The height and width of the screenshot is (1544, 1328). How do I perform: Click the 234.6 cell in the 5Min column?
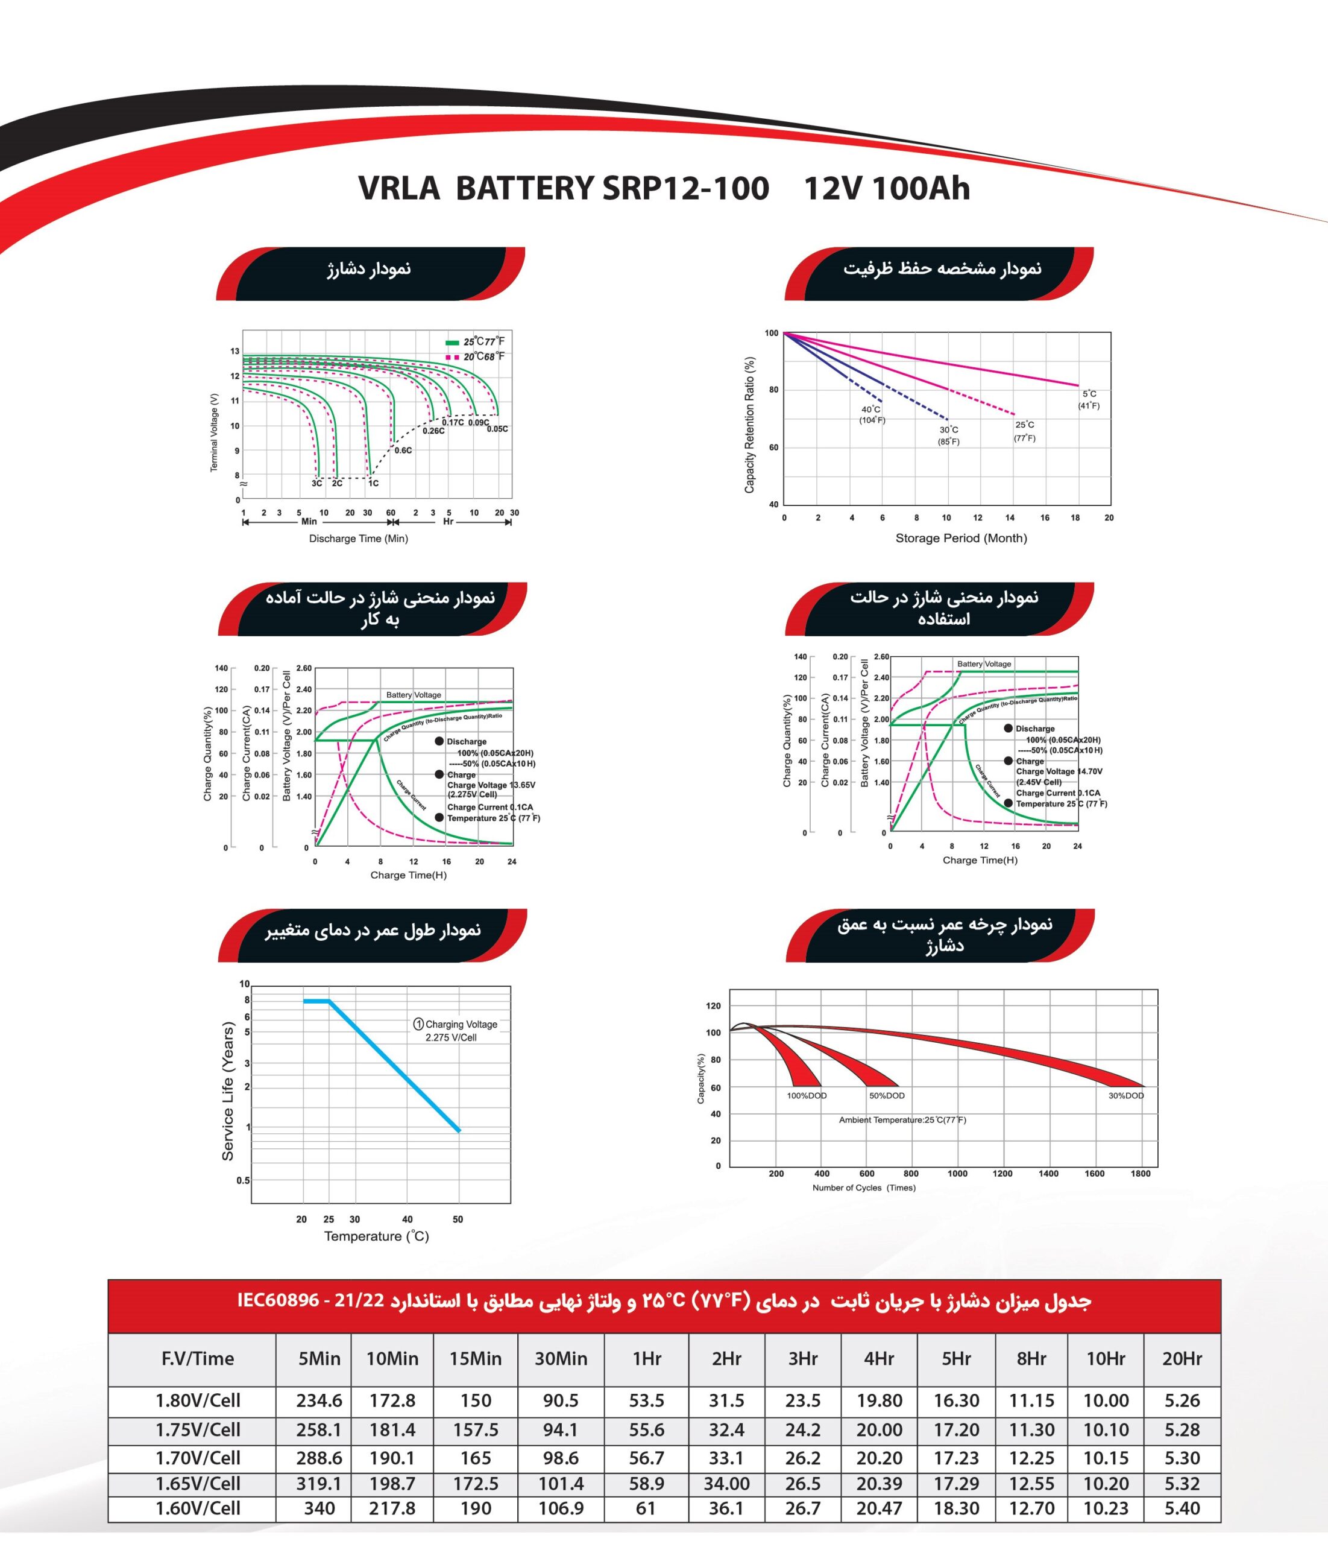[x=319, y=1400]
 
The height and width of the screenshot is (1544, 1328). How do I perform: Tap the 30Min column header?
[x=561, y=1358]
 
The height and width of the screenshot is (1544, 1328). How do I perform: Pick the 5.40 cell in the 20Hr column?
[x=1182, y=1508]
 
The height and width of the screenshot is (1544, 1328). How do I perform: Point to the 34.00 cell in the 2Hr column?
[x=726, y=1484]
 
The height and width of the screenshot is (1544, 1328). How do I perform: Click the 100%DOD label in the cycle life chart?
[x=807, y=1095]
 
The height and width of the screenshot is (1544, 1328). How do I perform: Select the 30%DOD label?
[x=1125, y=1095]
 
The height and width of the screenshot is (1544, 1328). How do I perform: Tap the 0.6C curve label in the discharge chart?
[x=403, y=450]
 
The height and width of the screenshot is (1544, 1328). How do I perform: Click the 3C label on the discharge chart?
[x=317, y=483]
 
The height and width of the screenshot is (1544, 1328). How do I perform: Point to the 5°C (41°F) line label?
[x=1089, y=399]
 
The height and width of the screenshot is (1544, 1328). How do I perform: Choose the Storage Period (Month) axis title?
[x=961, y=538]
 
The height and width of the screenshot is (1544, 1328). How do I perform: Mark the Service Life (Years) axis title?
[x=228, y=1091]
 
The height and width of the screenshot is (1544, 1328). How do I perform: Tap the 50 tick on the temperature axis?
[x=458, y=1219]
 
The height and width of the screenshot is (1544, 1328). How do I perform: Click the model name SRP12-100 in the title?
[x=685, y=188]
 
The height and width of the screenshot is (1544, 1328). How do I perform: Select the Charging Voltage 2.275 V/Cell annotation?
[x=455, y=1031]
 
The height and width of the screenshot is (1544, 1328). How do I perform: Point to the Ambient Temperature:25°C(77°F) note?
[x=902, y=1120]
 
